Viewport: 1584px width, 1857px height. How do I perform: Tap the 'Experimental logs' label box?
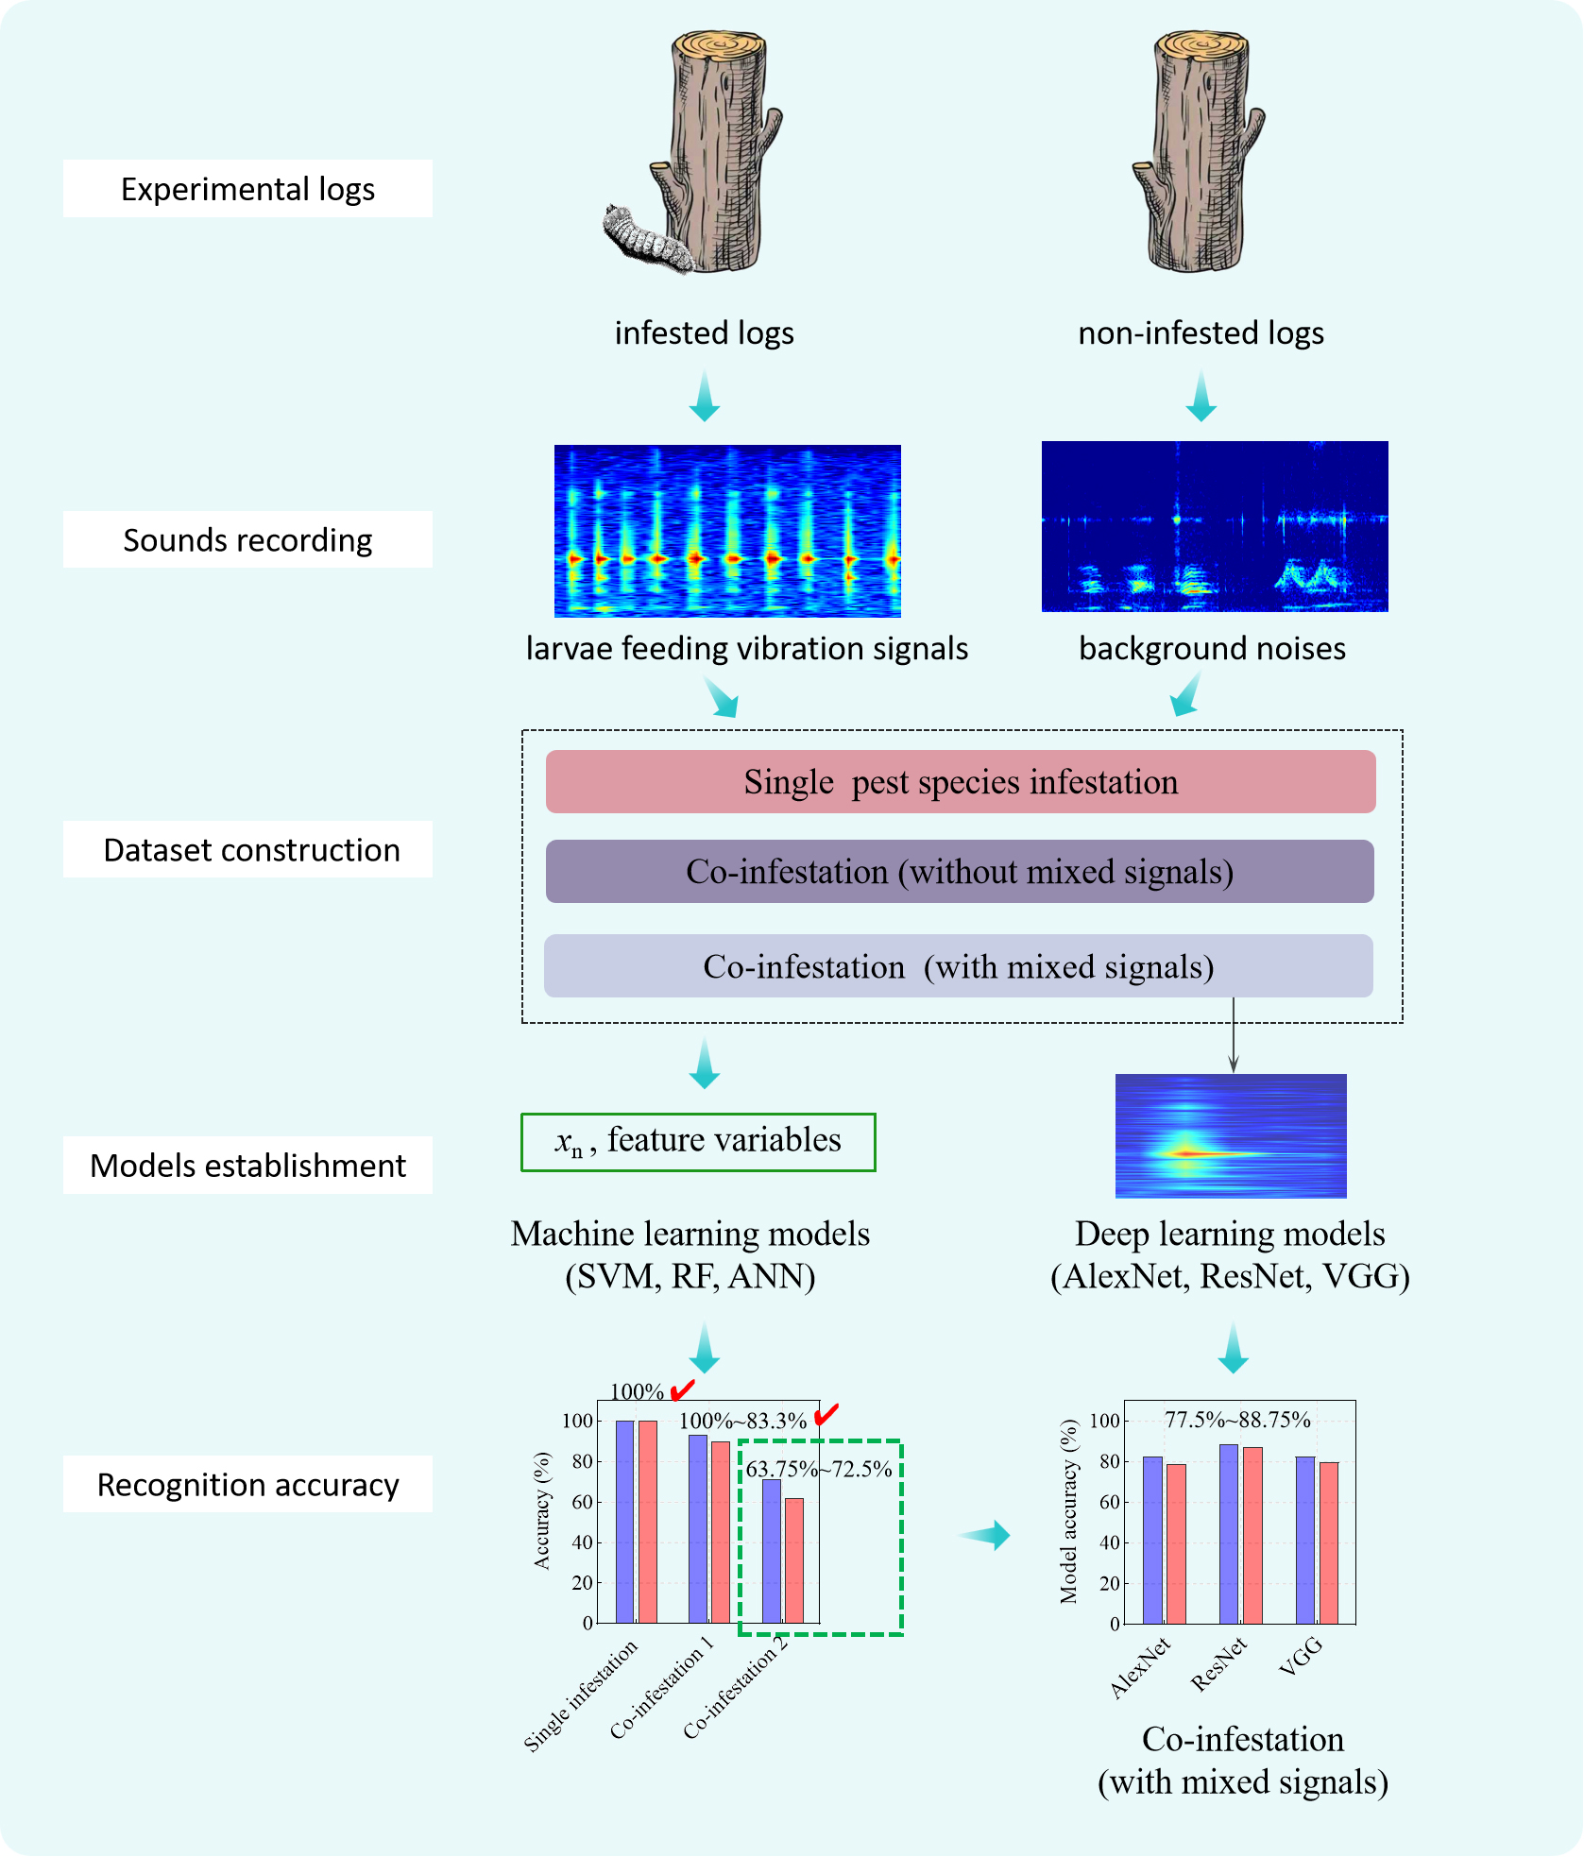pos(247,189)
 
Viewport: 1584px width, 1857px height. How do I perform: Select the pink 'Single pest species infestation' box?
pos(960,782)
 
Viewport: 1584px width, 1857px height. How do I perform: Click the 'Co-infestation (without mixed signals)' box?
pos(960,872)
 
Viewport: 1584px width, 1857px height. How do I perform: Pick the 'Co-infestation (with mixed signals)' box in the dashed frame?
pos(958,966)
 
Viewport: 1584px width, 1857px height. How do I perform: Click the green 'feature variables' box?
pos(698,1142)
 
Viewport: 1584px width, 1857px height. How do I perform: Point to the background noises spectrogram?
pos(1215,526)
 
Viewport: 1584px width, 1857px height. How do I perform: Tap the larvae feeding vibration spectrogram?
pos(727,530)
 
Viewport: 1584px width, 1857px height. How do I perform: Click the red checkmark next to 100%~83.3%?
pos(826,1414)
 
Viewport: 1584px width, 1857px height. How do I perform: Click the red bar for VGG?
pos(1329,1542)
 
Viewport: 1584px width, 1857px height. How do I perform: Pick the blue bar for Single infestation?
pos(624,1521)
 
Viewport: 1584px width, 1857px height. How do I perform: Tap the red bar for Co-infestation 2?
pos(794,1559)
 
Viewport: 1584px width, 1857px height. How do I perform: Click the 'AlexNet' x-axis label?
pos(1141,1668)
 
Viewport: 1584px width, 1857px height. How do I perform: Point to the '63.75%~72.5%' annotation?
pos(819,1469)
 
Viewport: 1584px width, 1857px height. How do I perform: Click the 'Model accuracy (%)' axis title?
pos(1068,1511)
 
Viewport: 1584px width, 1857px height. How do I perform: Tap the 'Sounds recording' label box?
pos(247,540)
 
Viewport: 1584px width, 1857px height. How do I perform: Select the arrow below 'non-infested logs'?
pos(1201,396)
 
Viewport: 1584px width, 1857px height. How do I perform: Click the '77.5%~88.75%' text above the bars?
pos(1237,1420)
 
